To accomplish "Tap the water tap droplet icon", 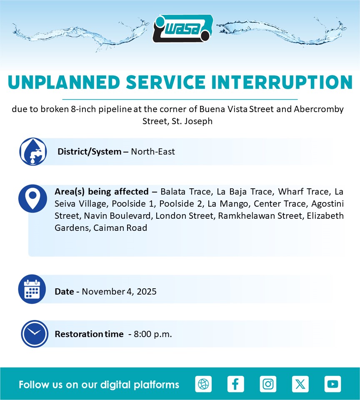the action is pos(33,152).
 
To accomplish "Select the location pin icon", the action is pos(32,198).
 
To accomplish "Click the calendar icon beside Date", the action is pos(32,289).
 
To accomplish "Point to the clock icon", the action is pos(35,334).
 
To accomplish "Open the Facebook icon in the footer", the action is pos(235,384).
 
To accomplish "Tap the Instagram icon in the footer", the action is pos(268,384).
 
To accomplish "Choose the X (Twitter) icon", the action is pos(300,384).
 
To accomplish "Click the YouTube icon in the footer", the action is pos(332,384).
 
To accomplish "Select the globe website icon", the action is pos(203,384).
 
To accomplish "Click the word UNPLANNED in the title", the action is pos(64,82).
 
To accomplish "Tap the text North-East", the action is pos(153,152).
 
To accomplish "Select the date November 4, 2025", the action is pos(119,291).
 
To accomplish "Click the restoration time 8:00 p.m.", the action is pos(153,334).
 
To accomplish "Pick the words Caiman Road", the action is pos(120,228).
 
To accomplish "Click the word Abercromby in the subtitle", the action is pos(319,109).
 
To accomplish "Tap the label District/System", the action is pos(89,152).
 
